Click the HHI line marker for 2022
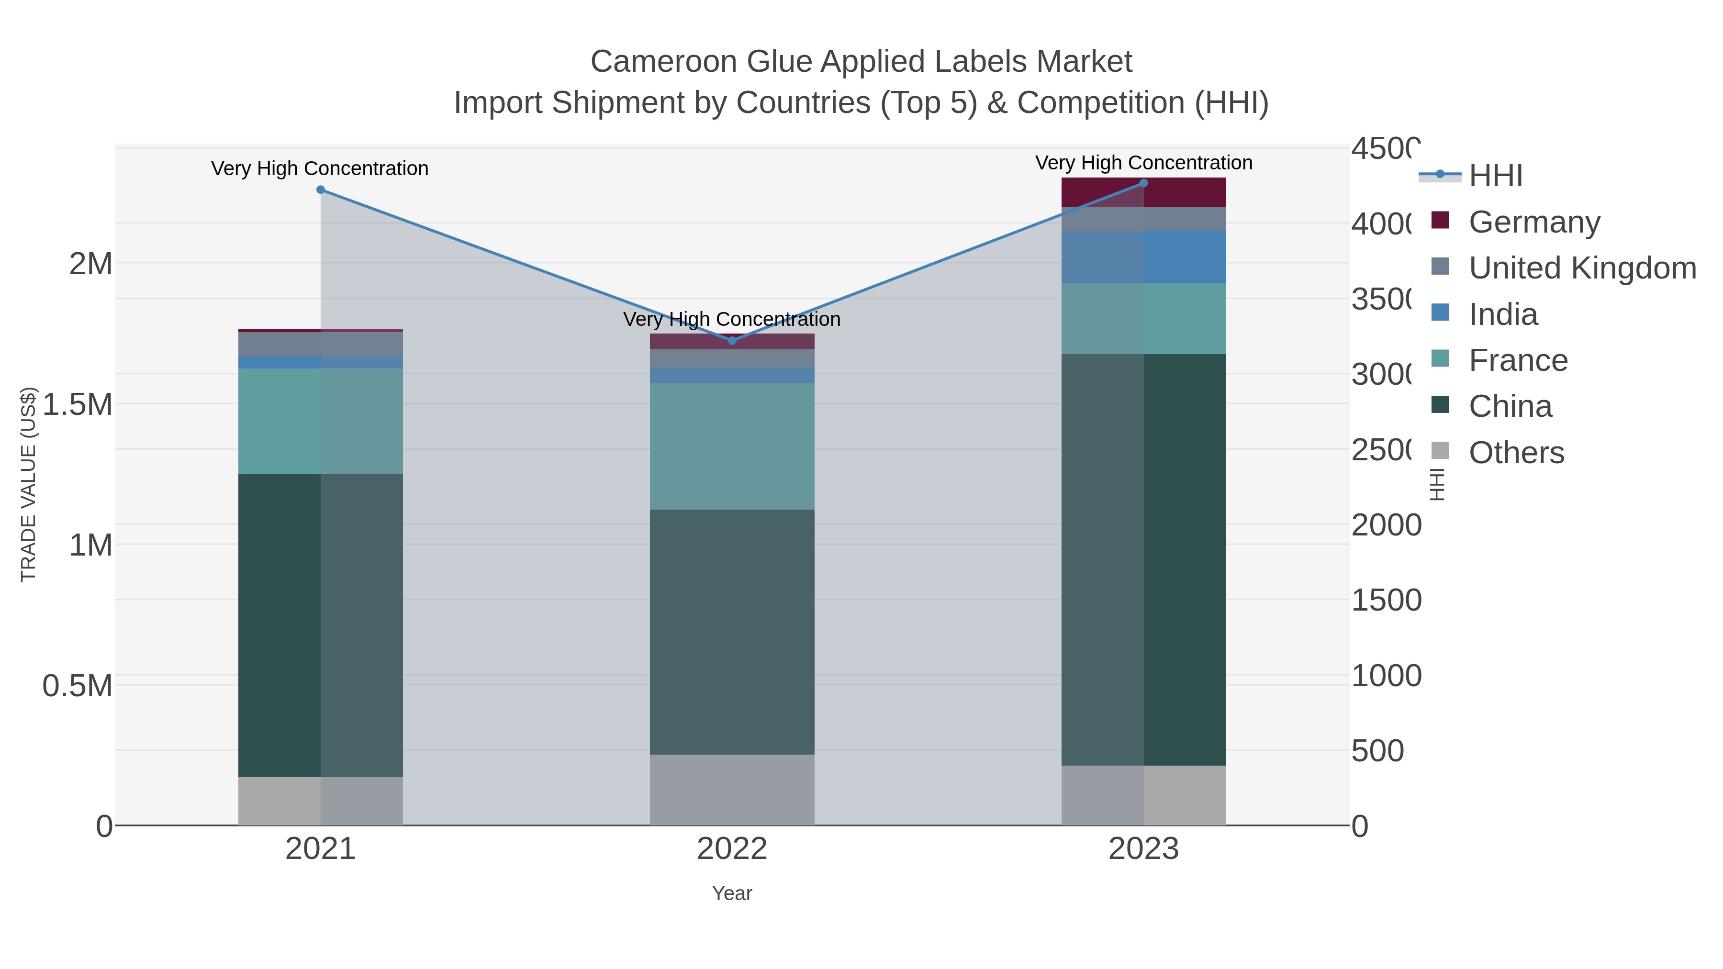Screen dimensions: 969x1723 pos(732,340)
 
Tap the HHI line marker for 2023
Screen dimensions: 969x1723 pos(1143,183)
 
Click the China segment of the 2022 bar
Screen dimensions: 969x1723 pos(732,632)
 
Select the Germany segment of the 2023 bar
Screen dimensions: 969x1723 pos(1143,192)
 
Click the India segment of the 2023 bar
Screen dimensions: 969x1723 pos(1143,257)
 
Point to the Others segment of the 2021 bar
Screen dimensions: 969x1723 pos(320,801)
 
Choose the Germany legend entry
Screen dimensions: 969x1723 pos(1534,222)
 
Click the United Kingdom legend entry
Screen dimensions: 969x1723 pos(1582,267)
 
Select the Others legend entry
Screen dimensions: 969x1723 pos(1516,453)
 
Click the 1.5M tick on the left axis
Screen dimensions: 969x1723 pos(78,404)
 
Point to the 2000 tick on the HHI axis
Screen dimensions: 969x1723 pos(1386,525)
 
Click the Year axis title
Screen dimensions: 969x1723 pos(732,893)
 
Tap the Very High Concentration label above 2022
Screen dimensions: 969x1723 pos(732,320)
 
